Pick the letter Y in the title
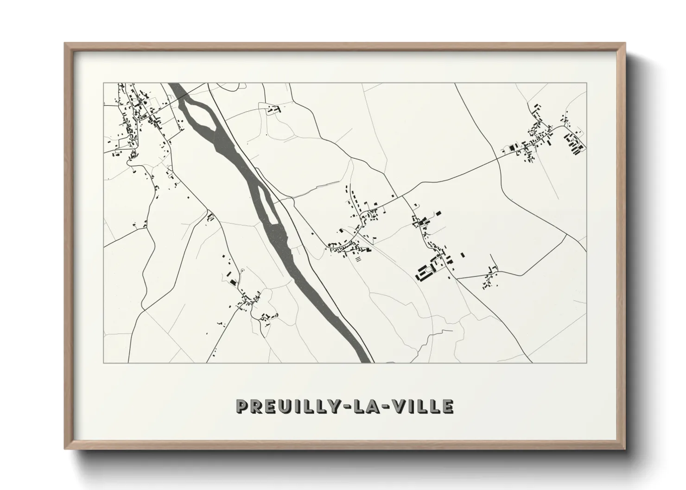coord(339,406)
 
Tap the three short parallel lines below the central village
coord(357,260)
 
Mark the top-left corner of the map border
coord(103,83)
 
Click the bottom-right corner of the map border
coord(586,363)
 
